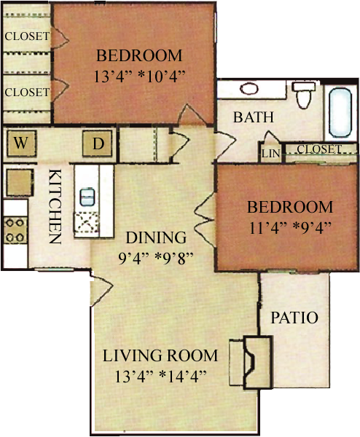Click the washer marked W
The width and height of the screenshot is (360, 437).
click(21, 143)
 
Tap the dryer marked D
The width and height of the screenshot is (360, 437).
click(98, 143)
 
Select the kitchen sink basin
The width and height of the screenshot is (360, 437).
click(87, 197)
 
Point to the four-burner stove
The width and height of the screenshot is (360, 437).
click(15, 230)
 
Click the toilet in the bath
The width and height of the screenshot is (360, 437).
click(303, 95)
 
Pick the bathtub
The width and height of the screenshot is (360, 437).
click(340, 113)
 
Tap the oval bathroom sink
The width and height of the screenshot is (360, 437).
click(249, 89)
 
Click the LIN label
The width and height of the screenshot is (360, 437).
click(270, 154)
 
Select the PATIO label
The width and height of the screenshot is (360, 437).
click(294, 318)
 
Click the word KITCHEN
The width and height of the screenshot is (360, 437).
click(55, 207)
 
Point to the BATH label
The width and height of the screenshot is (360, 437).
click(254, 117)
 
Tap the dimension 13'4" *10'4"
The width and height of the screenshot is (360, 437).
click(139, 76)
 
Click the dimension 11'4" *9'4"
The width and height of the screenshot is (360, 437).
click(290, 228)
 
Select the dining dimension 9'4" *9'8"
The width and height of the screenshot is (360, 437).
click(156, 259)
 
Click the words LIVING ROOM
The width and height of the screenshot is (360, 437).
click(160, 355)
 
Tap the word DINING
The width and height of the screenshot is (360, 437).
click(156, 237)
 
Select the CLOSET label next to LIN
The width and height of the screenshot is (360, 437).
click(318, 149)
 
